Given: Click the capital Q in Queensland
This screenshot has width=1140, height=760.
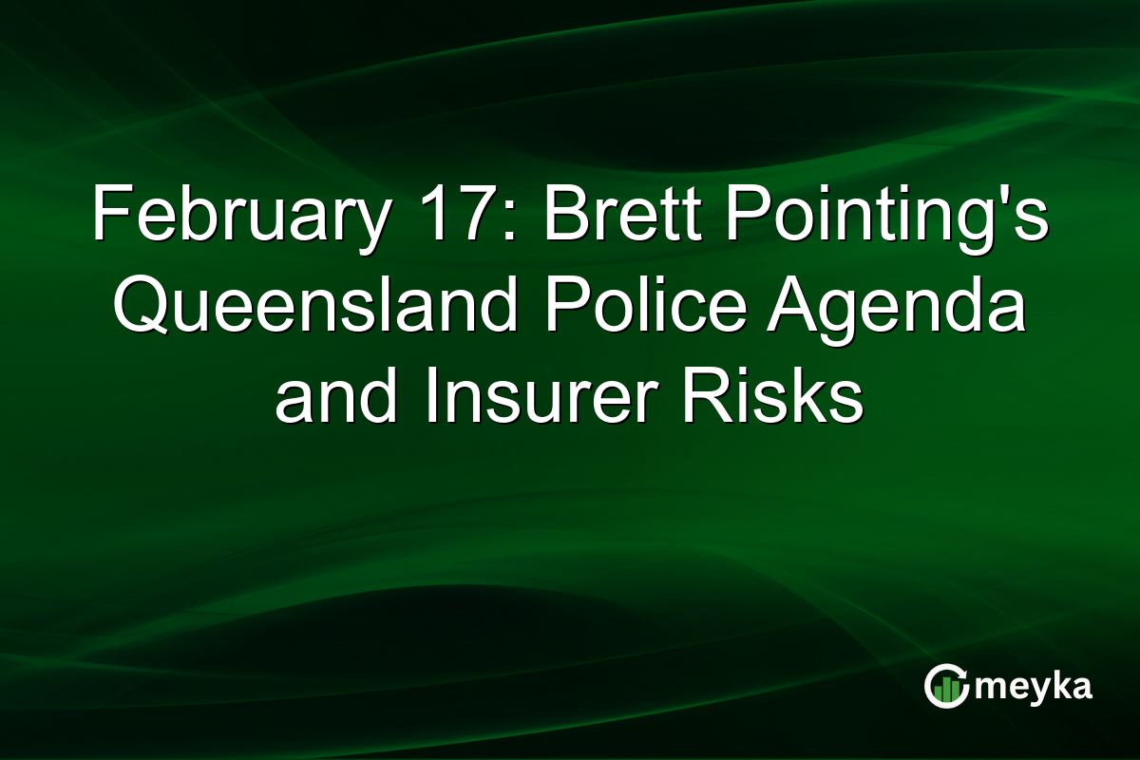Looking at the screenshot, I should (133, 309).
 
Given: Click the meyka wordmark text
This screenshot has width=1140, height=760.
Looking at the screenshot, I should (1035, 687).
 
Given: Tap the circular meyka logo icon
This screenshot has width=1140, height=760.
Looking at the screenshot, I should (947, 687).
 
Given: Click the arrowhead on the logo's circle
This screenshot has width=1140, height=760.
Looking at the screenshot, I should (964, 673).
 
